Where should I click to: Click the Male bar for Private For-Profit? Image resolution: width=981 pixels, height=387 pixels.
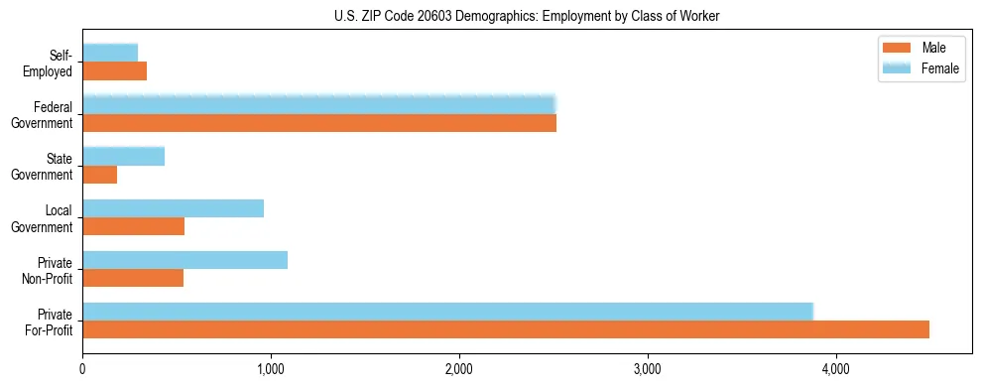coord(506,329)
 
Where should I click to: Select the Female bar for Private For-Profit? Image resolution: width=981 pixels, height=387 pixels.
coord(447,312)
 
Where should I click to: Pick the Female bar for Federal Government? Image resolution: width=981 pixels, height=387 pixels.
coord(319,105)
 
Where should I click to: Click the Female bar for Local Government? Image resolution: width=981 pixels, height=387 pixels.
coord(174,208)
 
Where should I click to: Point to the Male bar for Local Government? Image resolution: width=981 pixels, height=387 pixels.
coord(134,226)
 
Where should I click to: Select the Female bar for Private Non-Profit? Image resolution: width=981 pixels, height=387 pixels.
coord(185,260)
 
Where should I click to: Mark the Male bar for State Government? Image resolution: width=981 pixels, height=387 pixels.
coord(100,175)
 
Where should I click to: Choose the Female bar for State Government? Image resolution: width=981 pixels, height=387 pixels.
coord(124,157)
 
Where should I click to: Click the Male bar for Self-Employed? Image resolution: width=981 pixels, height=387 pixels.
coord(115,71)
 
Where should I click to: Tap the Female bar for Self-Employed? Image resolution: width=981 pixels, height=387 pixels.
coord(110,54)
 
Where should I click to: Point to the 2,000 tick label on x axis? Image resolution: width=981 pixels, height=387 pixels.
coord(459,370)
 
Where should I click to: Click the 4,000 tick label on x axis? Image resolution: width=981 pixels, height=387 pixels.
coord(836,370)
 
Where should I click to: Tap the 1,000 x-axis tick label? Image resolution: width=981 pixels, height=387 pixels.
coord(271,370)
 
